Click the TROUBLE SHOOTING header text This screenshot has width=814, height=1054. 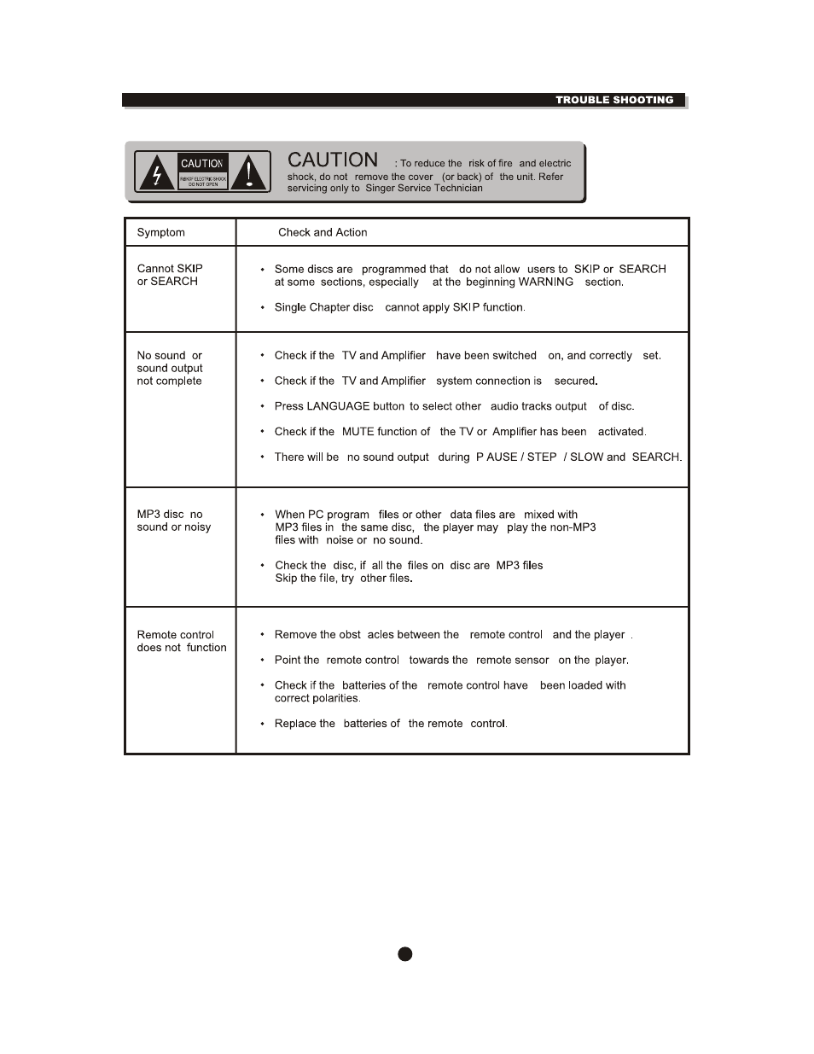pyautogui.click(x=614, y=100)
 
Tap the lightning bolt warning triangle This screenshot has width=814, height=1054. pyautogui.click(x=156, y=173)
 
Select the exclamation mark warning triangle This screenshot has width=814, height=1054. pyautogui.click(x=249, y=173)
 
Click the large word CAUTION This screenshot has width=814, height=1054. pyautogui.click(x=333, y=160)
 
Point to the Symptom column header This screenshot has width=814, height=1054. pyautogui.click(x=160, y=232)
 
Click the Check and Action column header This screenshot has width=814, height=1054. pyautogui.click(x=323, y=232)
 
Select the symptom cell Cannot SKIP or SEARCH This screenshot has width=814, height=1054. pyautogui.click(x=169, y=275)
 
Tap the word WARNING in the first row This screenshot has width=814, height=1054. pyautogui.click(x=545, y=282)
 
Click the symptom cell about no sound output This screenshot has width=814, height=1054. pyautogui.click(x=169, y=368)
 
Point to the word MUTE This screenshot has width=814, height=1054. pyautogui.click(x=358, y=432)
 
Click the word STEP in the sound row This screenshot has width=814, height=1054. pyautogui.click(x=541, y=457)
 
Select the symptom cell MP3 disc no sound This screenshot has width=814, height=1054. pyautogui.click(x=173, y=521)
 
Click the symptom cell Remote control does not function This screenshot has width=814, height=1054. pyautogui.click(x=181, y=641)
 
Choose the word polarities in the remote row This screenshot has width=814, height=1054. pyautogui.click(x=335, y=698)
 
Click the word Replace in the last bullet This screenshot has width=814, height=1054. pyautogui.click(x=294, y=724)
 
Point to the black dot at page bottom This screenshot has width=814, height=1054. pyautogui.click(x=405, y=954)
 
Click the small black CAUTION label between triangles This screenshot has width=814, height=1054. pyautogui.click(x=202, y=163)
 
